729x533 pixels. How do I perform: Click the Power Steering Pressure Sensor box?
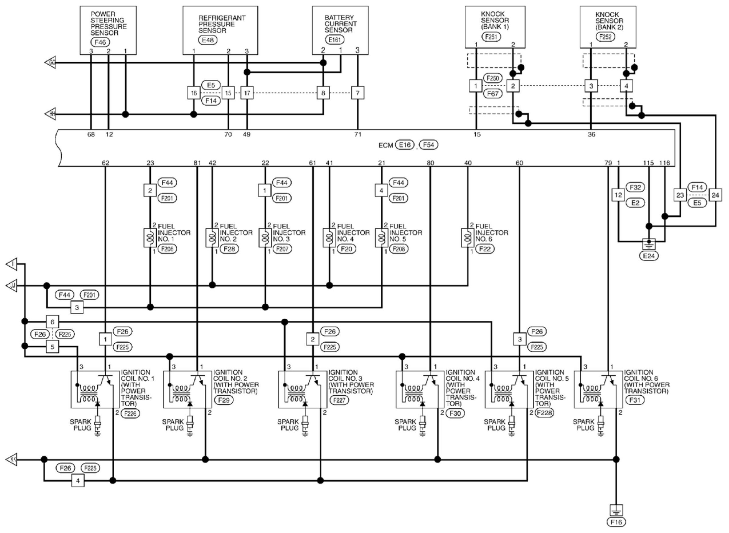108,30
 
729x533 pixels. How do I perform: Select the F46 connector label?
100,42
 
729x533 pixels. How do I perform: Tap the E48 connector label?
208,40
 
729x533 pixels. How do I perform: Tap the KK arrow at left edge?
12,459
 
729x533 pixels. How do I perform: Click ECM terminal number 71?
358,134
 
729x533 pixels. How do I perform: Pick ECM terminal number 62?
106,163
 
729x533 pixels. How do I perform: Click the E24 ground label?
649,256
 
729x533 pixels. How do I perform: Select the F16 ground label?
616,522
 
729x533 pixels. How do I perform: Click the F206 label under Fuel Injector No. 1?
167,249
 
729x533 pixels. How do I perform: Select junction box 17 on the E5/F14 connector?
247,93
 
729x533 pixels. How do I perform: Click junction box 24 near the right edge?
715,195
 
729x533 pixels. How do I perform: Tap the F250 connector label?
493,78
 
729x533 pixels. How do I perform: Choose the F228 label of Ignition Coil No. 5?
544,413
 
